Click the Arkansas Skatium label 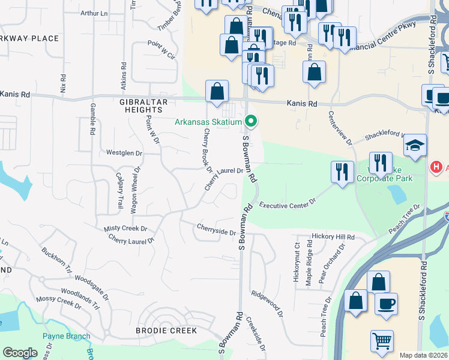(x=208, y=122)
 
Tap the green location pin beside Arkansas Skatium (x=252, y=122)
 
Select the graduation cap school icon (x=415, y=146)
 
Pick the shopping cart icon (x=382, y=341)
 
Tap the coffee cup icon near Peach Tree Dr (x=386, y=303)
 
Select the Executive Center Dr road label (x=288, y=205)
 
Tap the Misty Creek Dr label (x=125, y=229)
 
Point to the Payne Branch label (x=66, y=336)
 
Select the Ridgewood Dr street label (x=267, y=303)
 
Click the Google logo (x=20, y=353)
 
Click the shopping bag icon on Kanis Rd (x=217, y=92)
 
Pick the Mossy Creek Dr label (x=58, y=302)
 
